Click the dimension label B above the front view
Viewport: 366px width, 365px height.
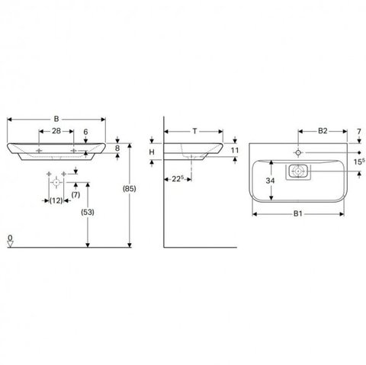(x=56, y=119)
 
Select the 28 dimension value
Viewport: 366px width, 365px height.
(x=56, y=131)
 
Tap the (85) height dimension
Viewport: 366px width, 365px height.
(x=130, y=189)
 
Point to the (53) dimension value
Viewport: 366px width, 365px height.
(x=88, y=212)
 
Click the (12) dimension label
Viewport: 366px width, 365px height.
(x=56, y=200)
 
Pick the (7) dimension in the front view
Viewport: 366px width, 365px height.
(x=75, y=195)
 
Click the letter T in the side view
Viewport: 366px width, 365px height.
(x=194, y=131)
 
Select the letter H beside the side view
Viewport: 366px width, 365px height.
(x=152, y=152)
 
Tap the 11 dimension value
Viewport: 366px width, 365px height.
(x=235, y=150)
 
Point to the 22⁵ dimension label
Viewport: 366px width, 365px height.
(x=178, y=179)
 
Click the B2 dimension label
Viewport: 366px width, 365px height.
(x=323, y=131)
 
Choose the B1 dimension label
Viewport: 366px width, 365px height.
(x=298, y=213)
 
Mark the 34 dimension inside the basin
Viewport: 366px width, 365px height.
(x=270, y=181)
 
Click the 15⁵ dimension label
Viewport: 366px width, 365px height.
(x=359, y=162)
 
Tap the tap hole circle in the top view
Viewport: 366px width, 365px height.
(x=298, y=152)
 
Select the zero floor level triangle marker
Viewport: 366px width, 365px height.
(x=10, y=244)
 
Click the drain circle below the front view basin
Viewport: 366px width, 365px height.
(x=56, y=182)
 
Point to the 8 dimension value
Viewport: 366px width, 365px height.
(x=117, y=148)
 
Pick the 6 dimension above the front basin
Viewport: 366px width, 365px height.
(x=85, y=132)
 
